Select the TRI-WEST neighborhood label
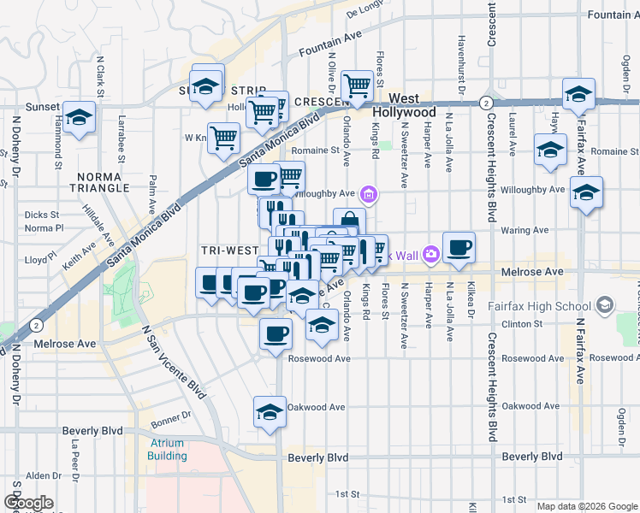click(229, 251)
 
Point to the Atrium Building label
click(167, 450)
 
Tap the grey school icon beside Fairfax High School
click(606, 304)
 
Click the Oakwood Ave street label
click(316, 407)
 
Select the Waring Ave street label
click(524, 230)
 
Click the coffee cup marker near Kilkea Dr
click(459, 247)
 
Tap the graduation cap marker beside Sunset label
click(79, 121)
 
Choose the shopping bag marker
click(349, 223)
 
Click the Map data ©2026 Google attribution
click(587, 506)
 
